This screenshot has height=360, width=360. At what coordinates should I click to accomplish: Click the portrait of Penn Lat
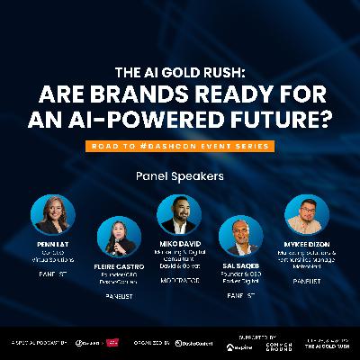pos(53,214)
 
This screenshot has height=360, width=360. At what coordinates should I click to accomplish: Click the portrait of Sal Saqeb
pos(240,236)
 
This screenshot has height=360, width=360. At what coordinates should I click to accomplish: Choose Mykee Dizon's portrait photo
pos(305,214)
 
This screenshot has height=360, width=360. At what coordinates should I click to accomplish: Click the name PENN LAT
pos(53,243)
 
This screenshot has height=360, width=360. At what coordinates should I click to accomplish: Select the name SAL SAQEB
pos(240,265)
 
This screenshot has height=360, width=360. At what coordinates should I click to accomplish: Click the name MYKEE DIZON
pos(305,243)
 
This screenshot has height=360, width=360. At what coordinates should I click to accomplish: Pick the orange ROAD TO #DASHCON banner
pos(180,143)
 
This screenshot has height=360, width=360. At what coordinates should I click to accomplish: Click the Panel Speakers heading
pos(180,176)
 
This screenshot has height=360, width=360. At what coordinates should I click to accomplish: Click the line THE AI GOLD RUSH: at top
pos(180,73)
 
